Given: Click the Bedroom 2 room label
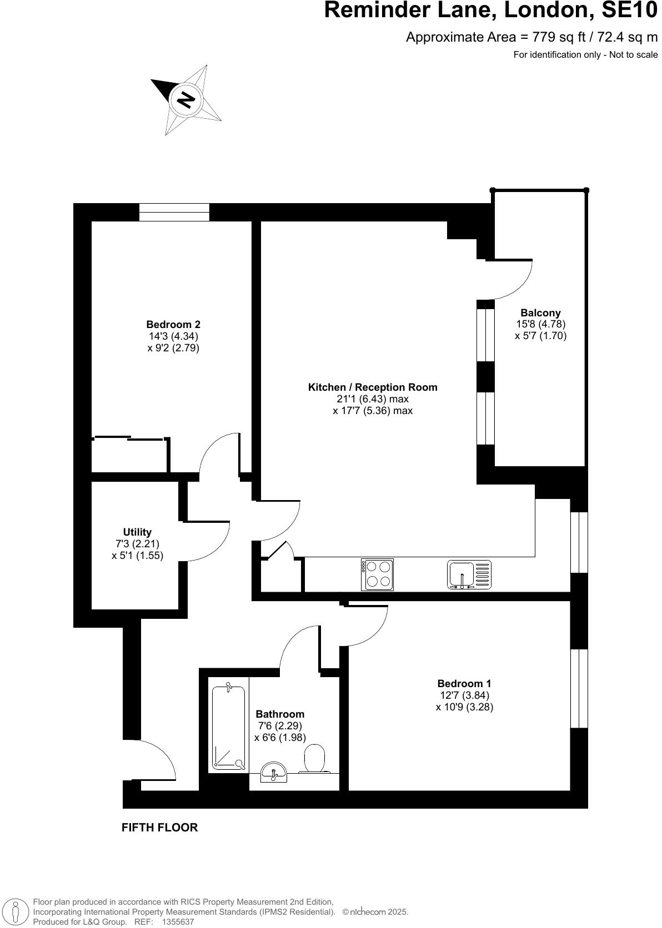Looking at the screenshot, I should [173, 325].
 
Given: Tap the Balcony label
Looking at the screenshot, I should [540, 313].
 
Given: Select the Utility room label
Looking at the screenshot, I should [137, 532].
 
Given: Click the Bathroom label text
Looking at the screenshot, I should [280, 714].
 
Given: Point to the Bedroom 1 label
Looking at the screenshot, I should [464, 684].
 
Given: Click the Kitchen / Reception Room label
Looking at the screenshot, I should [373, 387].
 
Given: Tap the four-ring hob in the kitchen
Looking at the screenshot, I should [378, 574].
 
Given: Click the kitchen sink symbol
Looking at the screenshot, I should [469, 574].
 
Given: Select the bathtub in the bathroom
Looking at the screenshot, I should [228, 728].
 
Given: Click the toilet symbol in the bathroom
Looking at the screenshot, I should [315, 759].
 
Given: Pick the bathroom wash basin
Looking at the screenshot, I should [274, 772].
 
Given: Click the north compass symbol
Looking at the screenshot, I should [187, 100].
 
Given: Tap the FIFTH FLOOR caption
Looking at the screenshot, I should [159, 828].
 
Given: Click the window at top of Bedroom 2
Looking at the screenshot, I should [174, 212].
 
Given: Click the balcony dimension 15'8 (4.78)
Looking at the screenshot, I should [540, 324].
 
